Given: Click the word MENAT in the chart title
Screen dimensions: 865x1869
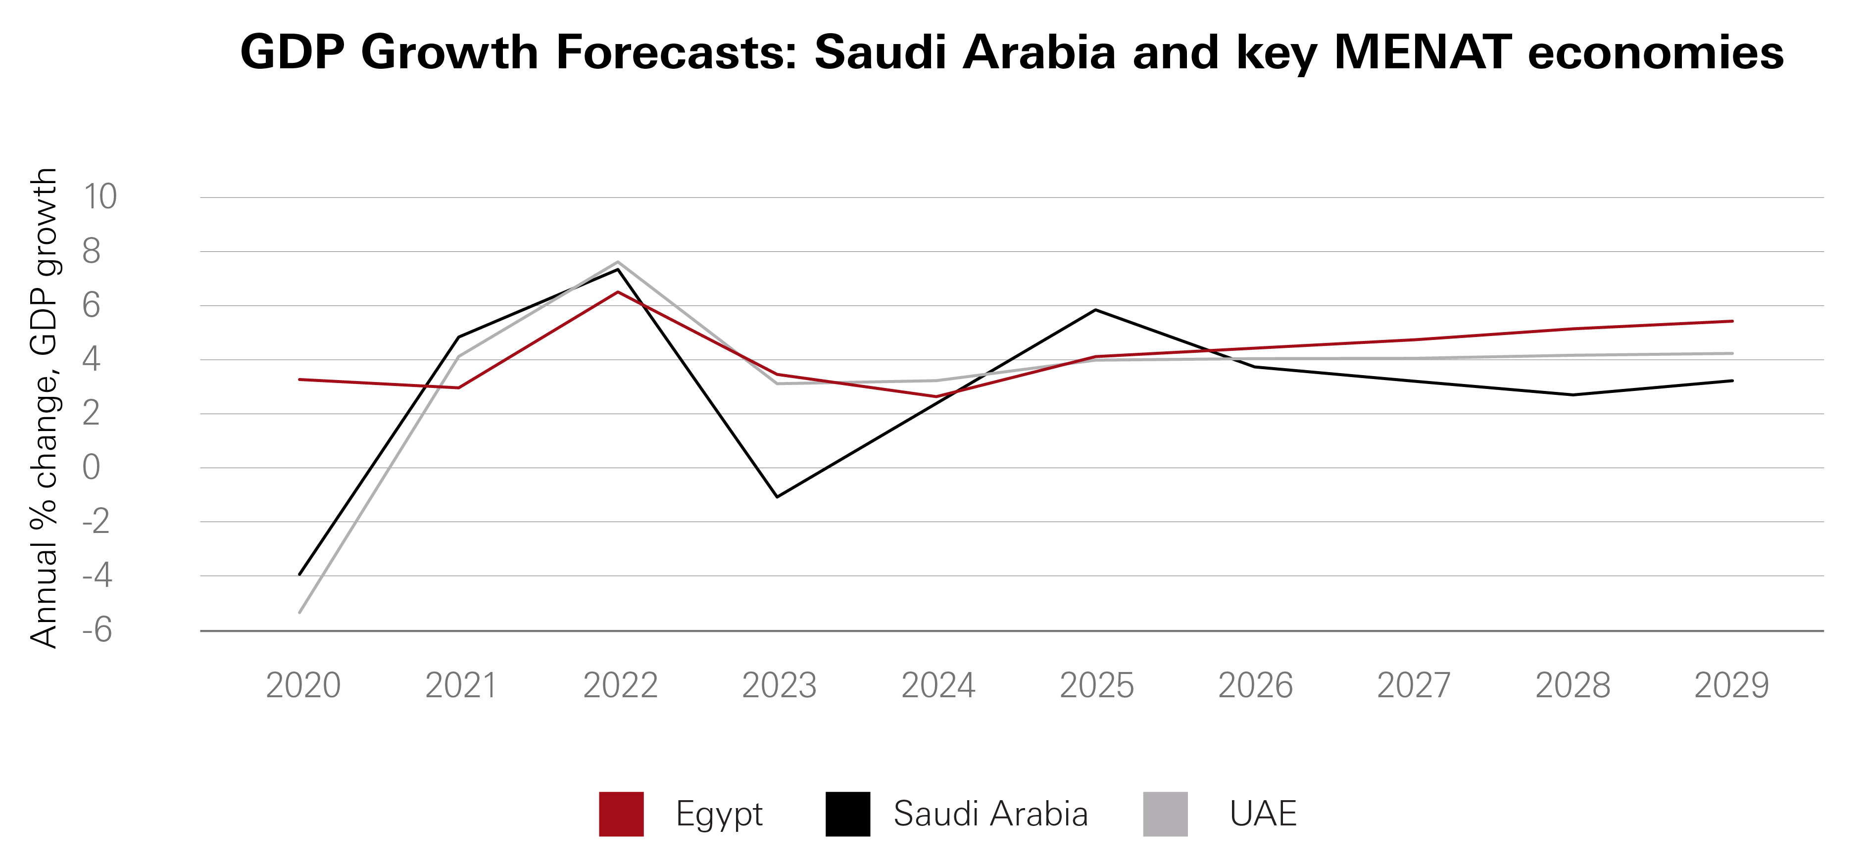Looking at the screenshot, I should click(1422, 52).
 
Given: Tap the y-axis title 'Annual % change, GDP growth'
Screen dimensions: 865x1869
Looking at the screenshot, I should click(44, 408).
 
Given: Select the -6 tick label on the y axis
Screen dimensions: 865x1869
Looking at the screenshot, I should click(97, 630).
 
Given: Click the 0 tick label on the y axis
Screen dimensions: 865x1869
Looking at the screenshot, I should click(92, 467).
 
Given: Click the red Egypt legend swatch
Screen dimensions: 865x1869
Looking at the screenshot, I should click(621, 814).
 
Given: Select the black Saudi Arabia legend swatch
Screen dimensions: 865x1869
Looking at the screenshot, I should click(847, 814).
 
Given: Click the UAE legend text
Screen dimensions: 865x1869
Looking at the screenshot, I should click(1263, 814).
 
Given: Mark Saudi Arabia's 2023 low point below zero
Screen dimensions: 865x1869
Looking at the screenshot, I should click(777, 497).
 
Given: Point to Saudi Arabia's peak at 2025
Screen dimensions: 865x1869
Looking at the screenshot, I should click(1095, 310).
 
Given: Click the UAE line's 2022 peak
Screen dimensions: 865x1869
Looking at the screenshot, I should click(617, 262).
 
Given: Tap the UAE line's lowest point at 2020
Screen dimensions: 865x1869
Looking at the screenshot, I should click(299, 613).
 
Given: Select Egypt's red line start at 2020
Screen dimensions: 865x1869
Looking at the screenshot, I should click(299, 380).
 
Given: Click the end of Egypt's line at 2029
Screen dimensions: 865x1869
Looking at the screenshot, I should click(1732, 321).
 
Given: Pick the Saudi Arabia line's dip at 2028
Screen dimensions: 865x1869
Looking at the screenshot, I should click(1572, 395).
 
